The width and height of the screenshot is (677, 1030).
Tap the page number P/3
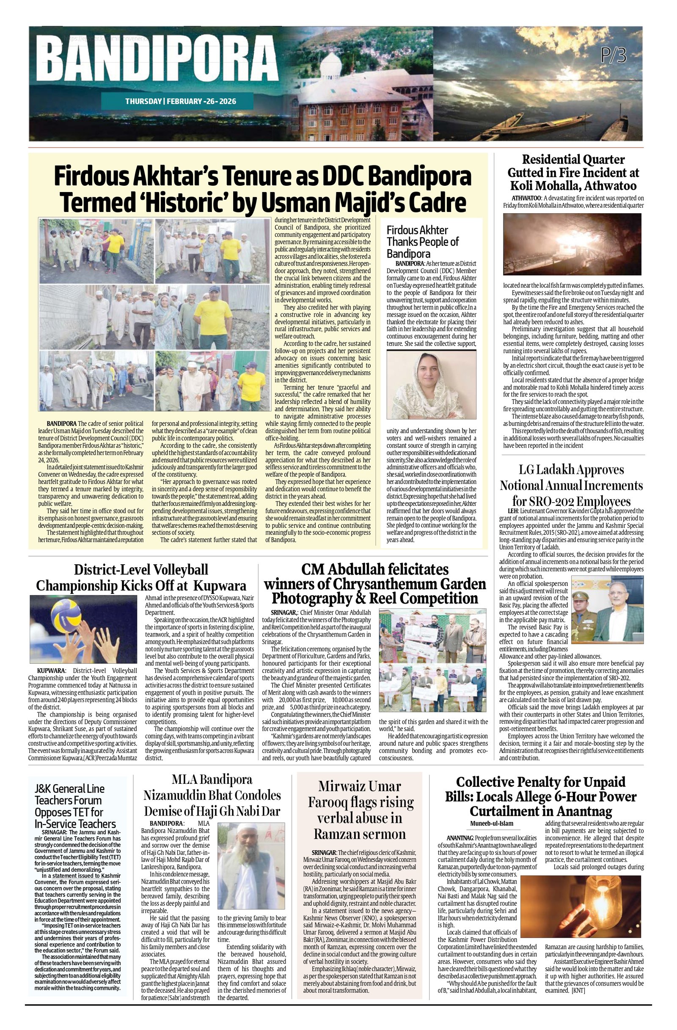click(614, 55)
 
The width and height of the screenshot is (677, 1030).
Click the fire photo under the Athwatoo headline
click(572, 244)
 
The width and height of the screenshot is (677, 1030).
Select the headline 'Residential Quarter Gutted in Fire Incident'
click(573, 172)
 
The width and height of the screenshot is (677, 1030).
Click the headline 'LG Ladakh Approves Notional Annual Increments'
click(571, 485)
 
